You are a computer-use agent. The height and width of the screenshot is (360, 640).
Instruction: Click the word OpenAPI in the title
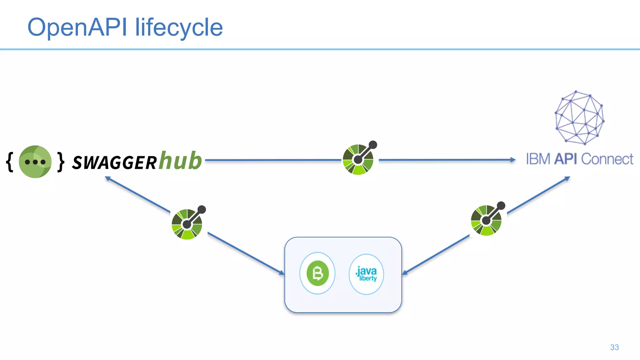pos(77,27)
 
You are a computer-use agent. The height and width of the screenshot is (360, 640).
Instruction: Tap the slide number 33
pos(614,347)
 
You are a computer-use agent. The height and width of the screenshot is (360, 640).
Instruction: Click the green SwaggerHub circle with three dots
pos(35,162)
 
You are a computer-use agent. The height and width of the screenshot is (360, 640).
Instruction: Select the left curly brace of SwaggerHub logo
pos(10,162)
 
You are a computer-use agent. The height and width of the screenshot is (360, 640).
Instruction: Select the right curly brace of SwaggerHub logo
pos(61,162)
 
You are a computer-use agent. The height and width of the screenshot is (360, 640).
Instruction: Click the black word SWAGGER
pos(114,163)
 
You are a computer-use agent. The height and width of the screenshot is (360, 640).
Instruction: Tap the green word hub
pos(180,161)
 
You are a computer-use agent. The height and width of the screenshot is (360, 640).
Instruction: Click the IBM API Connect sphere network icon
pos(579,117)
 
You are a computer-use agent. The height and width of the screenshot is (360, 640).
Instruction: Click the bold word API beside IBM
pos(566,159)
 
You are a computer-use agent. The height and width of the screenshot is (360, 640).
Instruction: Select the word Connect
pos(607,159)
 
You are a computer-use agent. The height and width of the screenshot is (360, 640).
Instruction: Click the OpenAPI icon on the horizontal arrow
pos(358,159)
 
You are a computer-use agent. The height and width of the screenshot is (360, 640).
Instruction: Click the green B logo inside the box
pos(317,273)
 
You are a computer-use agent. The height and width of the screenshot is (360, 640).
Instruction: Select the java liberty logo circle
pos(366,274)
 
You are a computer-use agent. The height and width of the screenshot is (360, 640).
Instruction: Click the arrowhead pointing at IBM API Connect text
pos(512,160)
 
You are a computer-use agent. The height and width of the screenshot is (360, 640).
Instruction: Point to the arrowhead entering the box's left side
pos(282,273)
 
